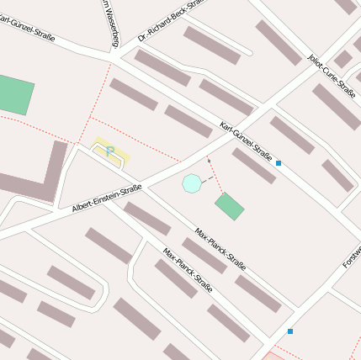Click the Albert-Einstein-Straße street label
(x=106, y=198)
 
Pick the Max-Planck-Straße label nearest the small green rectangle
(x=220, y=247)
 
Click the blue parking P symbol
(x=109, y=151)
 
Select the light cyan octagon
(x=192, y=183)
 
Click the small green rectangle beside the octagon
(x=229, y=206)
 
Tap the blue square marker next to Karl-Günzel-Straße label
(x=279, y=163)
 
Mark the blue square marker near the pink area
(x=290, y=331)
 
